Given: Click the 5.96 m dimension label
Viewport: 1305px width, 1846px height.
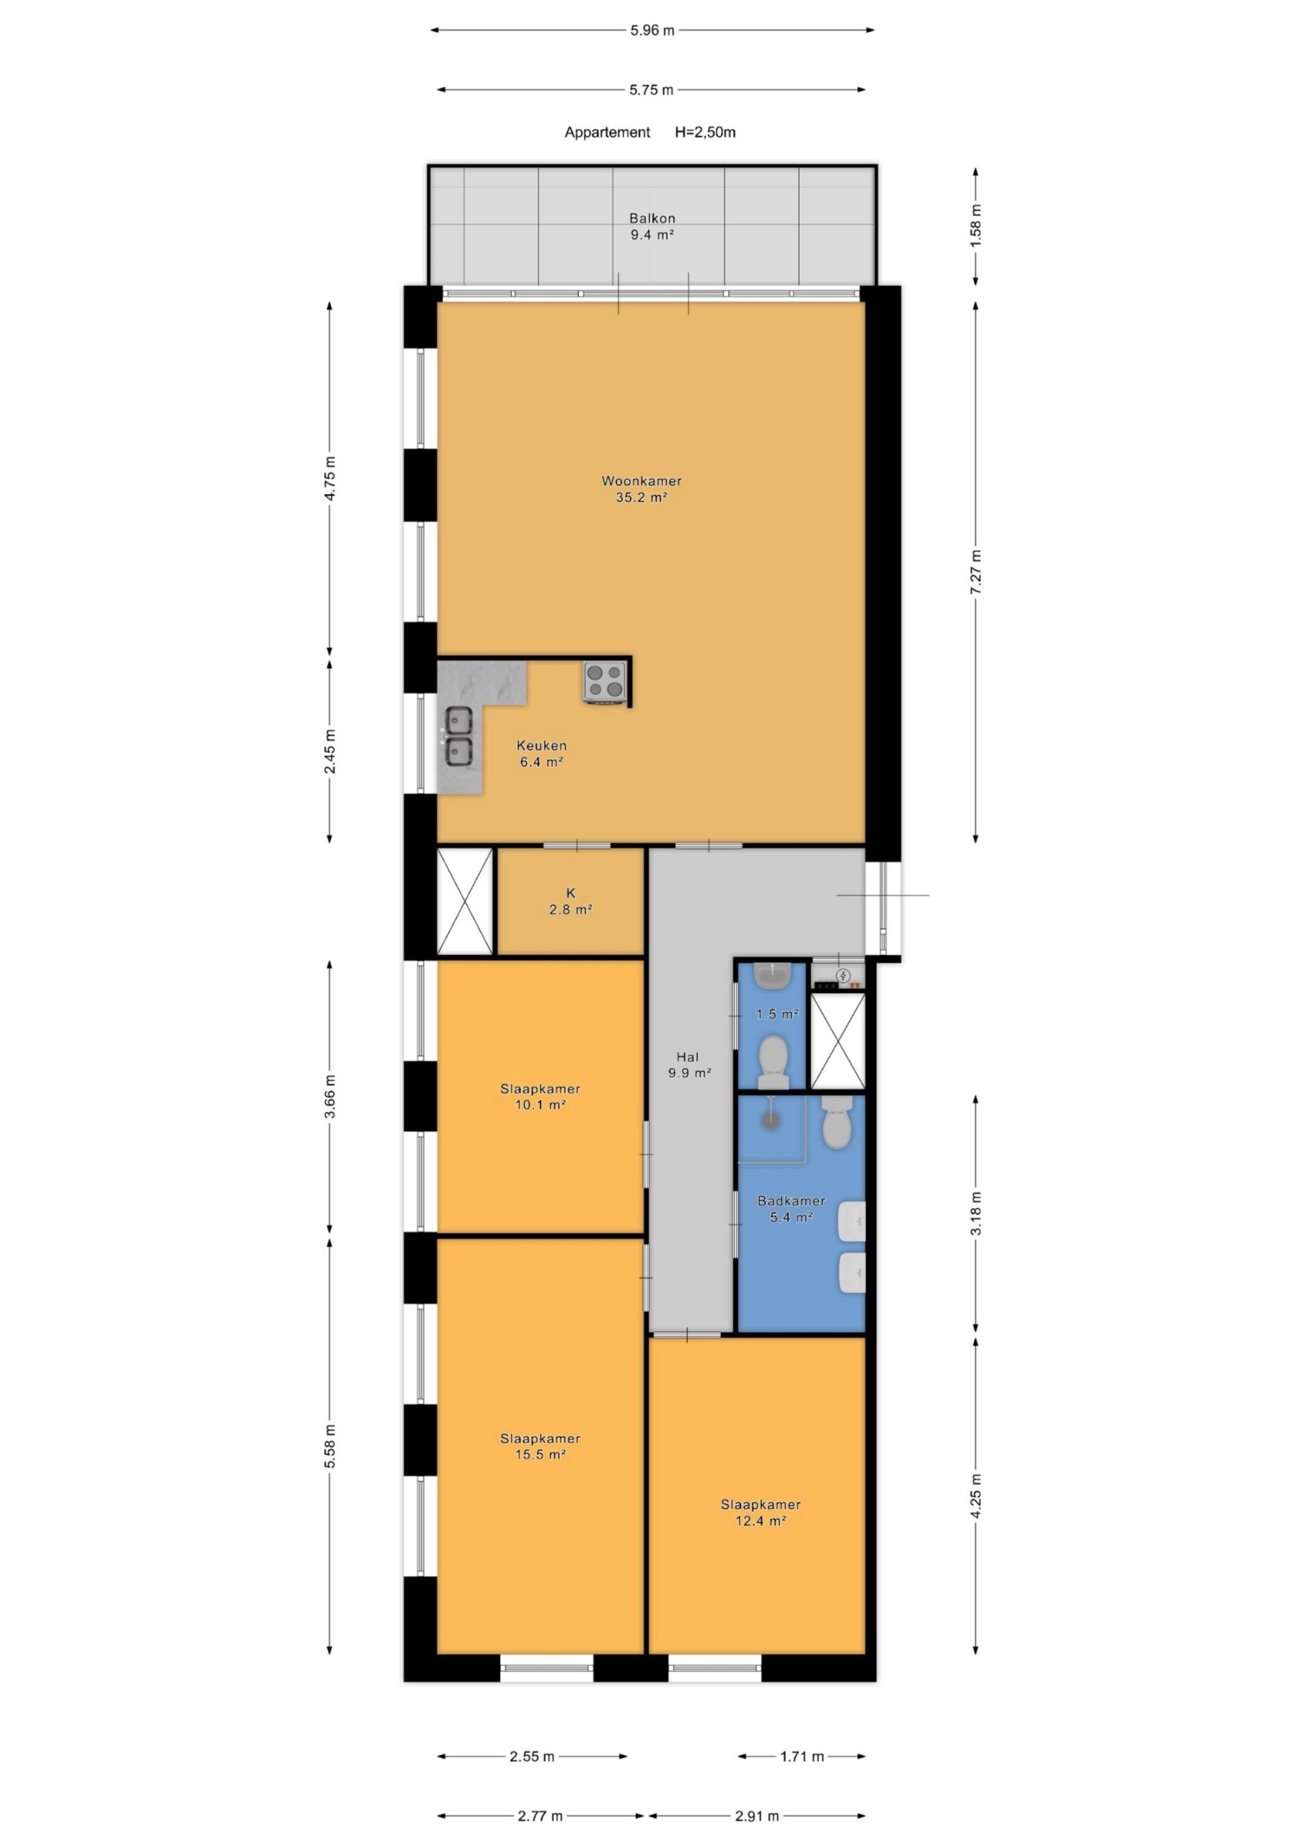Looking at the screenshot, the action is (652, 31).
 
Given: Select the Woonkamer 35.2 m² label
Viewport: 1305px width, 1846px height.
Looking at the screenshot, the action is (642, 489).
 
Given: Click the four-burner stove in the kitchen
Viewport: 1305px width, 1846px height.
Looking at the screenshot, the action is (605, 680).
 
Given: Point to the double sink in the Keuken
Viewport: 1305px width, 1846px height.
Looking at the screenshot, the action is (458, 735).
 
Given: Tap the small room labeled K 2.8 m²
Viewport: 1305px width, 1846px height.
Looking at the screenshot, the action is (571, 901).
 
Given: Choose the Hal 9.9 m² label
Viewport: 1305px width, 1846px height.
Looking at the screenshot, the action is (689, 1064).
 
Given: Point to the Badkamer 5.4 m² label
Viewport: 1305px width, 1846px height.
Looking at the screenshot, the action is (791, 1208).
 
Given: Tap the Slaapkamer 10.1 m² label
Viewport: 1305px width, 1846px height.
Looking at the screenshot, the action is (540, 1097).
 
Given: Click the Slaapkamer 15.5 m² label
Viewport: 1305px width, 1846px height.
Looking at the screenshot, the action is (540, 1446).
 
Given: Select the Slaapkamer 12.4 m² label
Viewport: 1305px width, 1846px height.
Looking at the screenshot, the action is (761, 1512).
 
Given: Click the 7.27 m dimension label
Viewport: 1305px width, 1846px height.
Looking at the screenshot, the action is (976, 572).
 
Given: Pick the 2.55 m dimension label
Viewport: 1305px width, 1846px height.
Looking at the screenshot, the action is (532, 1757).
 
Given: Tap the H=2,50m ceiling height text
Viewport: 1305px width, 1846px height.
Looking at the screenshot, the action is (705, 132).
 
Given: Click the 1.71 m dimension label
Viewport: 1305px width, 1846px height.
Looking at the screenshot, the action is (801, 1757).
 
